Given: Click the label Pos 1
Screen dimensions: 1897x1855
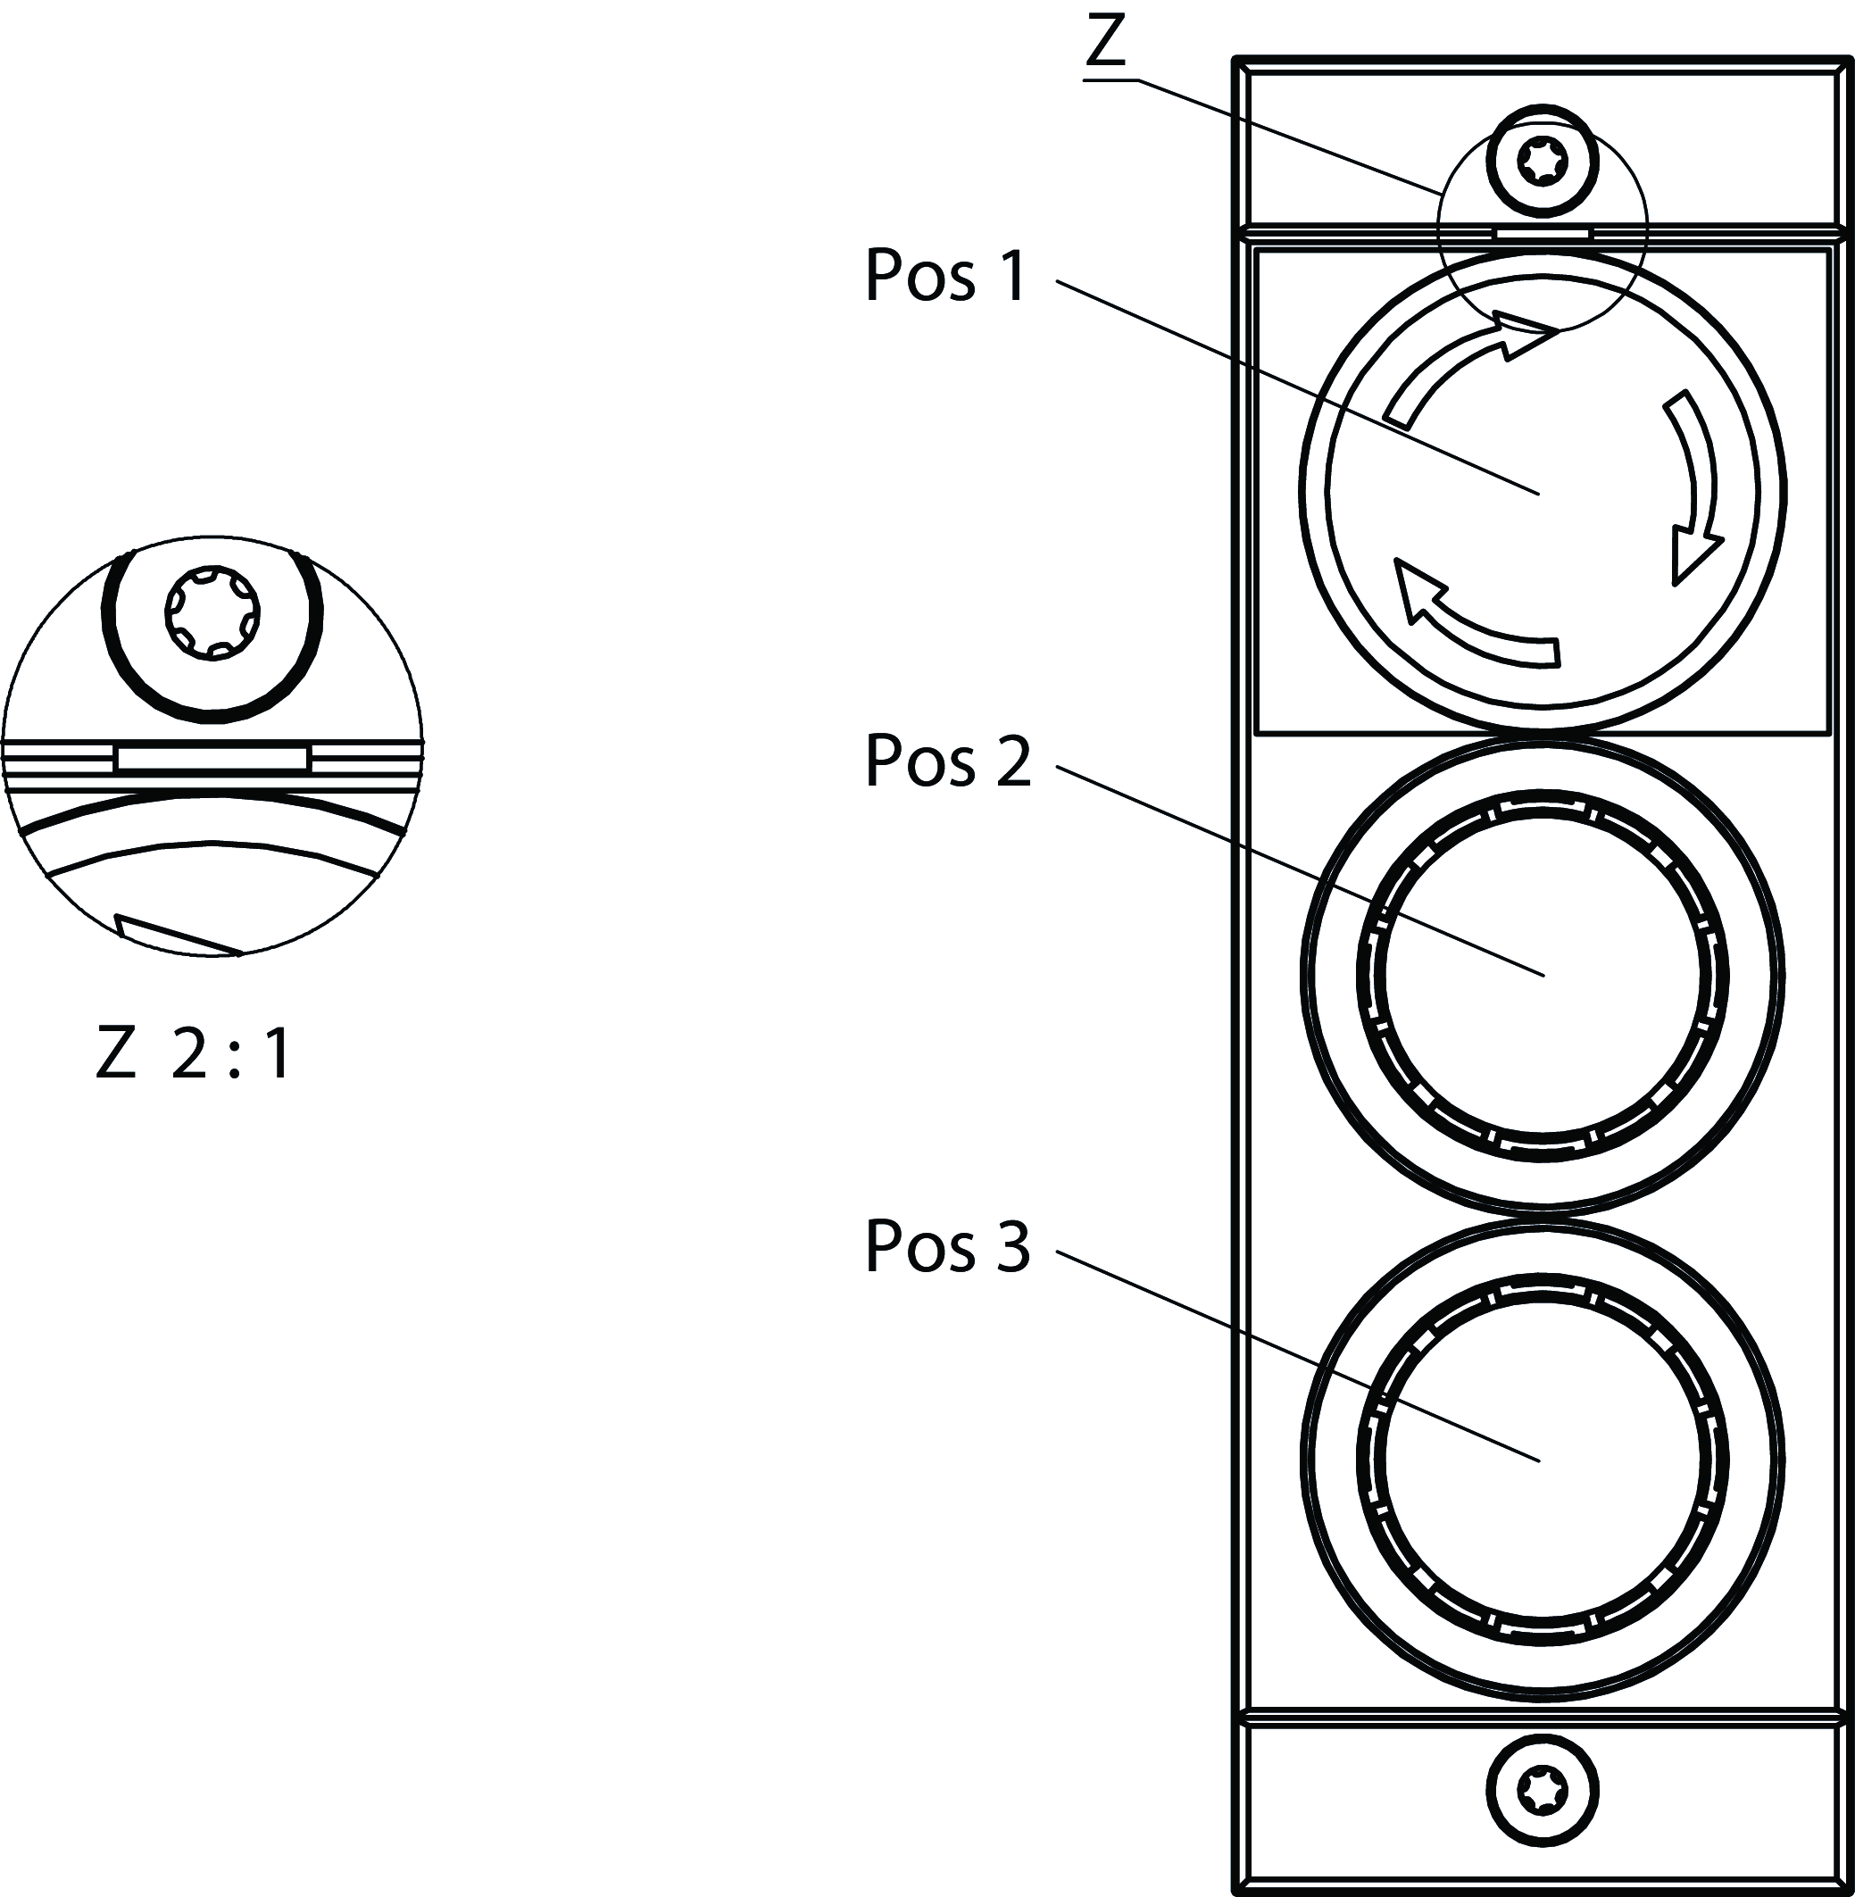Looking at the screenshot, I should coord(945,276).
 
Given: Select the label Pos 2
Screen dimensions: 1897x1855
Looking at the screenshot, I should coord(947,761).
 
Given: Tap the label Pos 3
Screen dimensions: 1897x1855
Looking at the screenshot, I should coord(947,1246).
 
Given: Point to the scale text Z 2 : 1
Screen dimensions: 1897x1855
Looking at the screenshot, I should coord(194,1054).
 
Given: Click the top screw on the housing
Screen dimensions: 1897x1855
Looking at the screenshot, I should coord(1543,162).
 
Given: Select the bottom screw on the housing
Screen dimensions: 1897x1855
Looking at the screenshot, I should coord(1543,1791).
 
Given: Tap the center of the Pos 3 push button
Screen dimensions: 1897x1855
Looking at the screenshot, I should coord(1543,1459).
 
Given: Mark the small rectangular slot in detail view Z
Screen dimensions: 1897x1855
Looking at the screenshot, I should coord(212,758).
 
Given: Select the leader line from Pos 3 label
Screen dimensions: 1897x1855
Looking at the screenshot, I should coord(1296,1354).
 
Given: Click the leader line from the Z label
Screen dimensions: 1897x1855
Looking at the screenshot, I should coord(1286,136).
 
